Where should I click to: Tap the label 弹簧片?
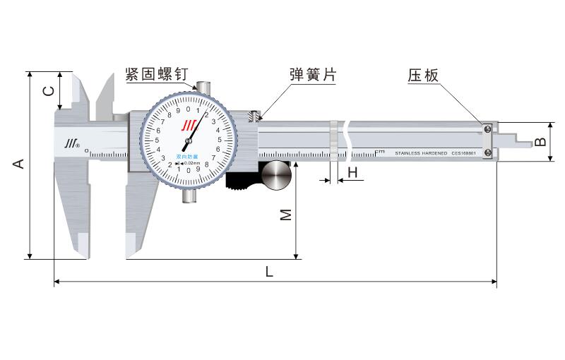[x=312, y=76]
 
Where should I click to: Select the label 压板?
[x=424, y=76]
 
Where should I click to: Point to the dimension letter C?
[x=48, y=90]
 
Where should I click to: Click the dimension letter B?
[x=541, y=141]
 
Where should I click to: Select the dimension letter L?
[x=268, y=271]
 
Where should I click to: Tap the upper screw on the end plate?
[x=487, y=128]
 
